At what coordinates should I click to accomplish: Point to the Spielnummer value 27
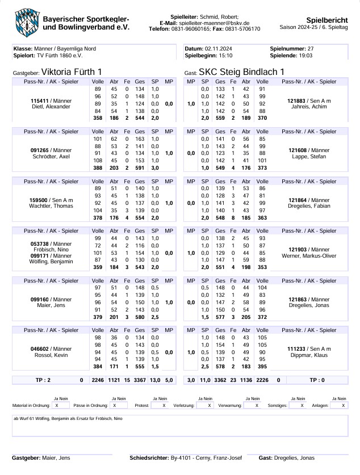tap(310, 49)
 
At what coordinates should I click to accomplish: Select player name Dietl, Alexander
tap(51, 107)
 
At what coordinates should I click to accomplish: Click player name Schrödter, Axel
tap(51, 155)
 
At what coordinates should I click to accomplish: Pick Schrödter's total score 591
tap(140, 169)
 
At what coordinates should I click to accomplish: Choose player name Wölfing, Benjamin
tap(51, 261)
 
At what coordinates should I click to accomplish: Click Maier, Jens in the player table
tap(51, 305)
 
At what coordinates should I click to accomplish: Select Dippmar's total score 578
tap(220, 368)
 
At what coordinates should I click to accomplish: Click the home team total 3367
tap(140, 380)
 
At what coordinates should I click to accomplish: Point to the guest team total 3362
tap(220, 380)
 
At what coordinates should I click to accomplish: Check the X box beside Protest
tap(164, 406)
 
